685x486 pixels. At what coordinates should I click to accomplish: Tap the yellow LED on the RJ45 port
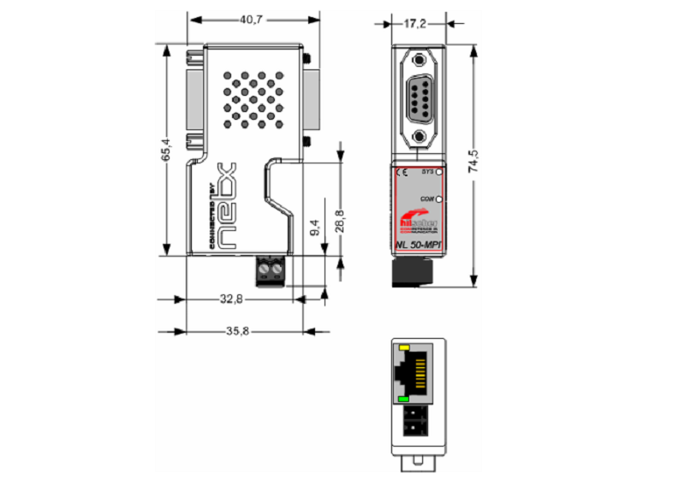pyautogui.click(x=403, y=348)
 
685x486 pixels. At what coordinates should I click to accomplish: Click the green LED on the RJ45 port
pyautogui.click(x=403, y=399)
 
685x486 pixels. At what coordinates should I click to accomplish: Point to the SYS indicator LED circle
pyautogui.click(x=438, y=172)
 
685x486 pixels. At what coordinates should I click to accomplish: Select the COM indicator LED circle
pyautogui.click(x=438, y=199)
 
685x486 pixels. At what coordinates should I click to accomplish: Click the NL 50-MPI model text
pyautogui.click(x=420, y=248)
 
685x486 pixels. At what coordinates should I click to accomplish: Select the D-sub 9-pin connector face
pyautogui.click(x=420, y=98)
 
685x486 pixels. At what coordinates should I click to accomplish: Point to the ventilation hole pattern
pyautogui.click(x=253, y=99)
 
